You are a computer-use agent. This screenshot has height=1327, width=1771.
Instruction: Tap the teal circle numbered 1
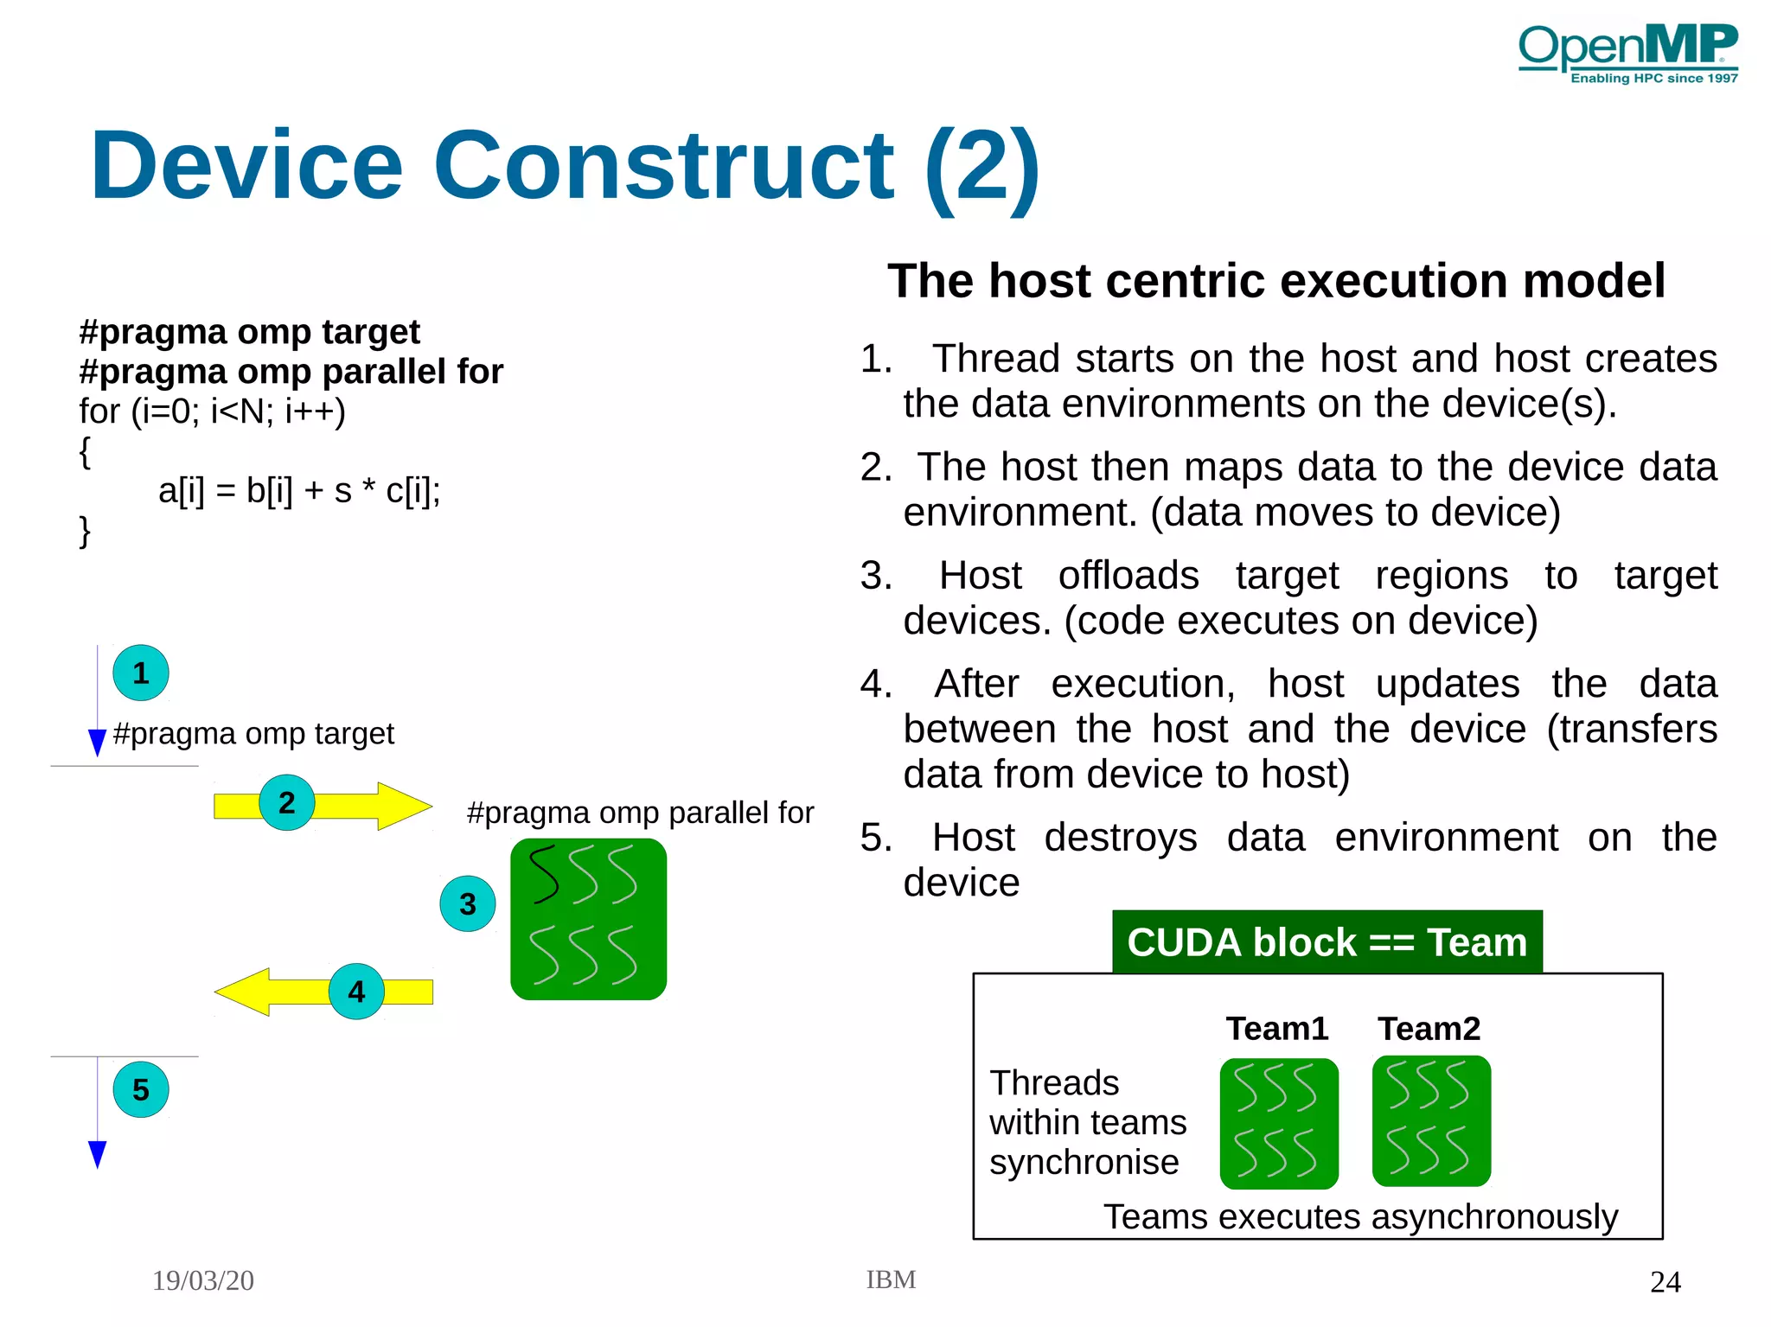click(x=141, y=673)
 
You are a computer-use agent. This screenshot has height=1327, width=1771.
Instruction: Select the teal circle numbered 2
click(x=286, y=802)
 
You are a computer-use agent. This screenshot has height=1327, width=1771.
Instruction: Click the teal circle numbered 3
click(x=468, y=903)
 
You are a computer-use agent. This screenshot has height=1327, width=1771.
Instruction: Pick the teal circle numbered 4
click(x=356, y=992)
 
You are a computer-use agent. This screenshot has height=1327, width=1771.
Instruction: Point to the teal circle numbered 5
click(x=141, y=1089)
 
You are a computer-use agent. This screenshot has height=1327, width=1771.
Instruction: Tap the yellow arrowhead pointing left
click(x=245, y=992)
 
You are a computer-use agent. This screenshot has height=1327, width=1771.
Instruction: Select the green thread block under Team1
click(x=1278, y=1123)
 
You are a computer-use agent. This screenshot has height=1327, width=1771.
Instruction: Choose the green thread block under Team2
click(x=1431, y=1120)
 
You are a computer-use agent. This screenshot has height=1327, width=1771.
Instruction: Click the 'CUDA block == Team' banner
click(x=1327, y=941)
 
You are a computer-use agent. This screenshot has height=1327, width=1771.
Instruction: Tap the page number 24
click(x=1665, y=1281)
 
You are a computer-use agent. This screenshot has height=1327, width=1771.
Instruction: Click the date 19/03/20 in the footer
click(x=203, y=1280)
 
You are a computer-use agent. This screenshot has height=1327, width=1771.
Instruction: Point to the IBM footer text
click(x=891, y=1279)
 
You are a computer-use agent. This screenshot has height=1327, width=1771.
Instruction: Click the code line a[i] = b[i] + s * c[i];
click(x=299, y=490)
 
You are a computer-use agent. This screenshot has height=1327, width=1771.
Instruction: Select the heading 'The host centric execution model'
click(x=1276, y=281)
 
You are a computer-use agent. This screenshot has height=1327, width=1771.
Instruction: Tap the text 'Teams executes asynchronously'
click(x=1359, y=1216)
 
